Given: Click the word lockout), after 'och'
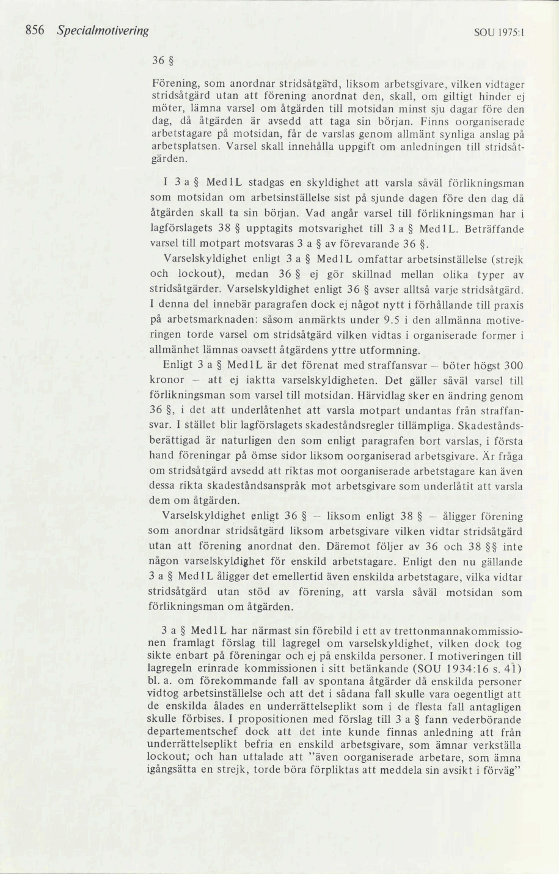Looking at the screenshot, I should pyautogui.click(x=197, y=274).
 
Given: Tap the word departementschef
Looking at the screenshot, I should pyautogui.click(x=191, y=732).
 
